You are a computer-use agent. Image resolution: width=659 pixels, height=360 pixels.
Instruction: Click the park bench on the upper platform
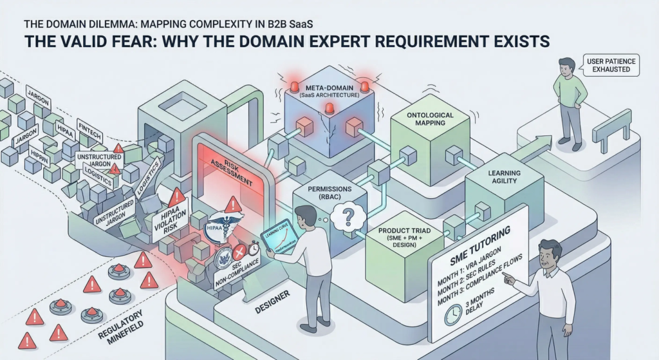coord(611,128)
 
